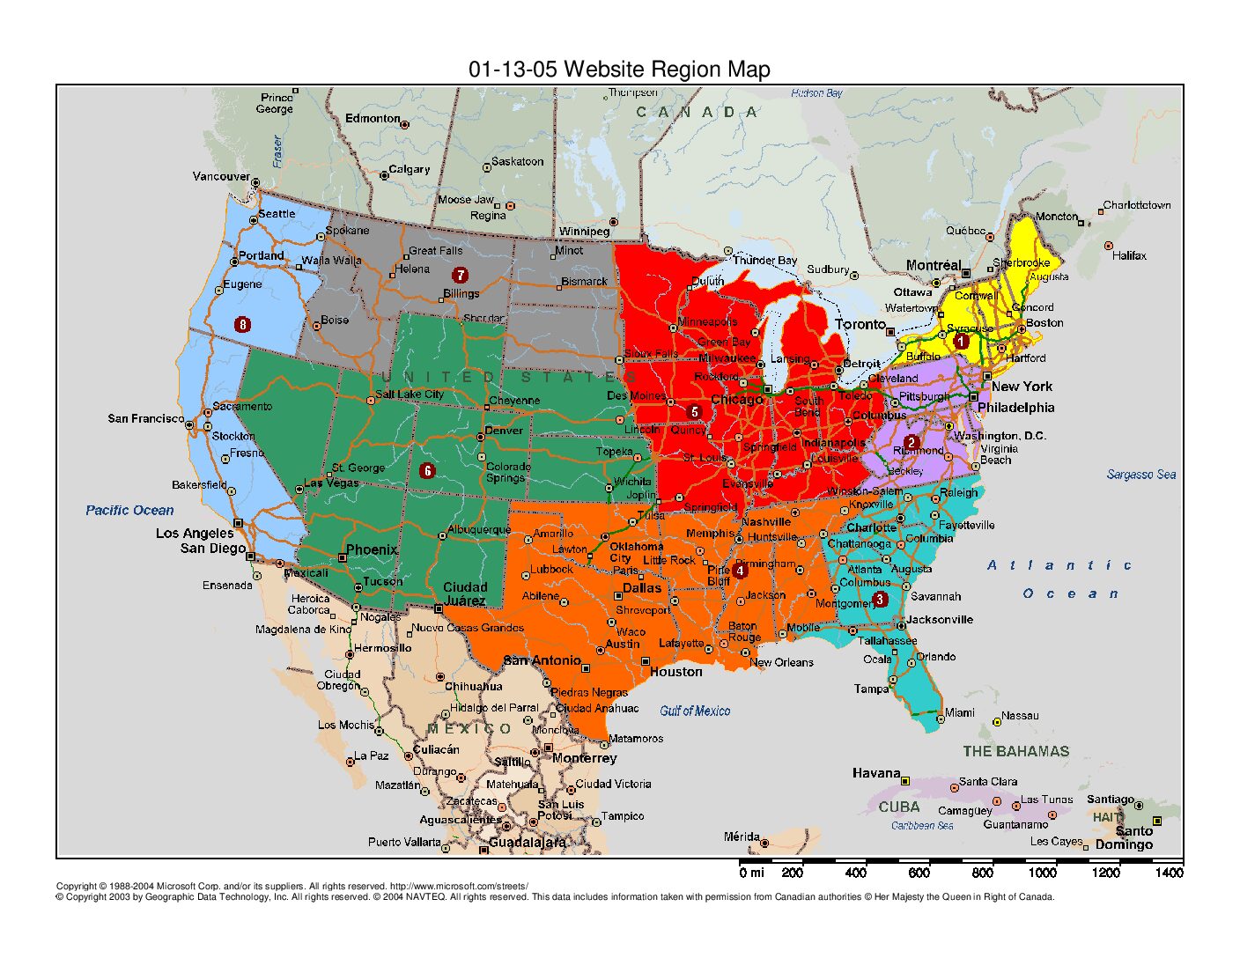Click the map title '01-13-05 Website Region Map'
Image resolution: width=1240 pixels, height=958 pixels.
pos(619,69)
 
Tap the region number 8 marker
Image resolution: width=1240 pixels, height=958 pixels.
pos(243,324)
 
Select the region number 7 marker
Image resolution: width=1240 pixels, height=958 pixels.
pos(460,276)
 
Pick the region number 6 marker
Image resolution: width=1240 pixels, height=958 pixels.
pos(428,470)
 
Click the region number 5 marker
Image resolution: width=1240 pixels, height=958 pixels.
pos(694,411)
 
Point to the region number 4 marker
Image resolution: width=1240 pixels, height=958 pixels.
pos(740,571)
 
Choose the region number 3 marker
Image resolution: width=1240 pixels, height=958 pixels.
pos(880,600)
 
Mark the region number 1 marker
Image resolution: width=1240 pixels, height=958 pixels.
pos(962,341)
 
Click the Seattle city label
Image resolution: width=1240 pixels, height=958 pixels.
pos(277,214)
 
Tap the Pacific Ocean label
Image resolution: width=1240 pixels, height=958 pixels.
pos(129,510)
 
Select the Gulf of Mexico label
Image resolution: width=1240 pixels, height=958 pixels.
pos(695,711)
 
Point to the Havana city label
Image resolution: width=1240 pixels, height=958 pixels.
pos(875,773)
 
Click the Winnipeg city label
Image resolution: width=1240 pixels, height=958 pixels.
pos(584,232)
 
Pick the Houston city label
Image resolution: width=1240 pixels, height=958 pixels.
pos(675,672)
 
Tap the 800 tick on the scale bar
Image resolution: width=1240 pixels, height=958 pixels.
pos(982,872)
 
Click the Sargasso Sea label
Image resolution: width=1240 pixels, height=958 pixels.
pos(1141,475)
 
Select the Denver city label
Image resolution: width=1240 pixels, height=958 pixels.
pos(504,431)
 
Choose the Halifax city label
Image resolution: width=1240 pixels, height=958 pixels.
pos(1129,255)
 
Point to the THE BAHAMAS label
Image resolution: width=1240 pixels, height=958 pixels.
pos(1015,751)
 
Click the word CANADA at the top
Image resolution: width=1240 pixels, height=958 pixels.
pos(697,112)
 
